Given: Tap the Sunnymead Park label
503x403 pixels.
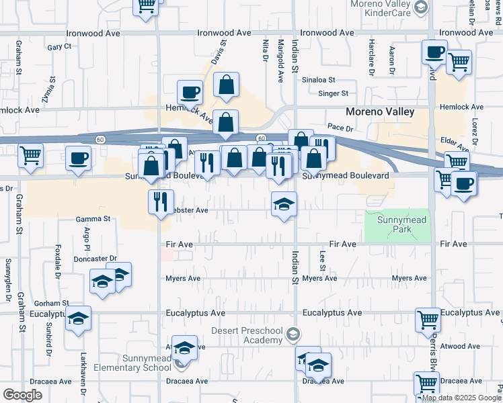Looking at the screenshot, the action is point(397,225).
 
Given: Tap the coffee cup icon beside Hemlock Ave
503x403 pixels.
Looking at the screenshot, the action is point(190,91).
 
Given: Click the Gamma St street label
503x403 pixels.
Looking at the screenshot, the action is point(92,219).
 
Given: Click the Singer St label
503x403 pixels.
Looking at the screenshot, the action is point(334,94).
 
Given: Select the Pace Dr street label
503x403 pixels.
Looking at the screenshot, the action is point(340,126).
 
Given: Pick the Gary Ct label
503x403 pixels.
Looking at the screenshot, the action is point(59,46).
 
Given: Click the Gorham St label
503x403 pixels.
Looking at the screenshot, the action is point(52,304).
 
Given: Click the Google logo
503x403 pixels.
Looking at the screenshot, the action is point(22,394).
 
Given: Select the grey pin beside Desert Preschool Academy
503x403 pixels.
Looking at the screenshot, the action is point(292,333).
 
